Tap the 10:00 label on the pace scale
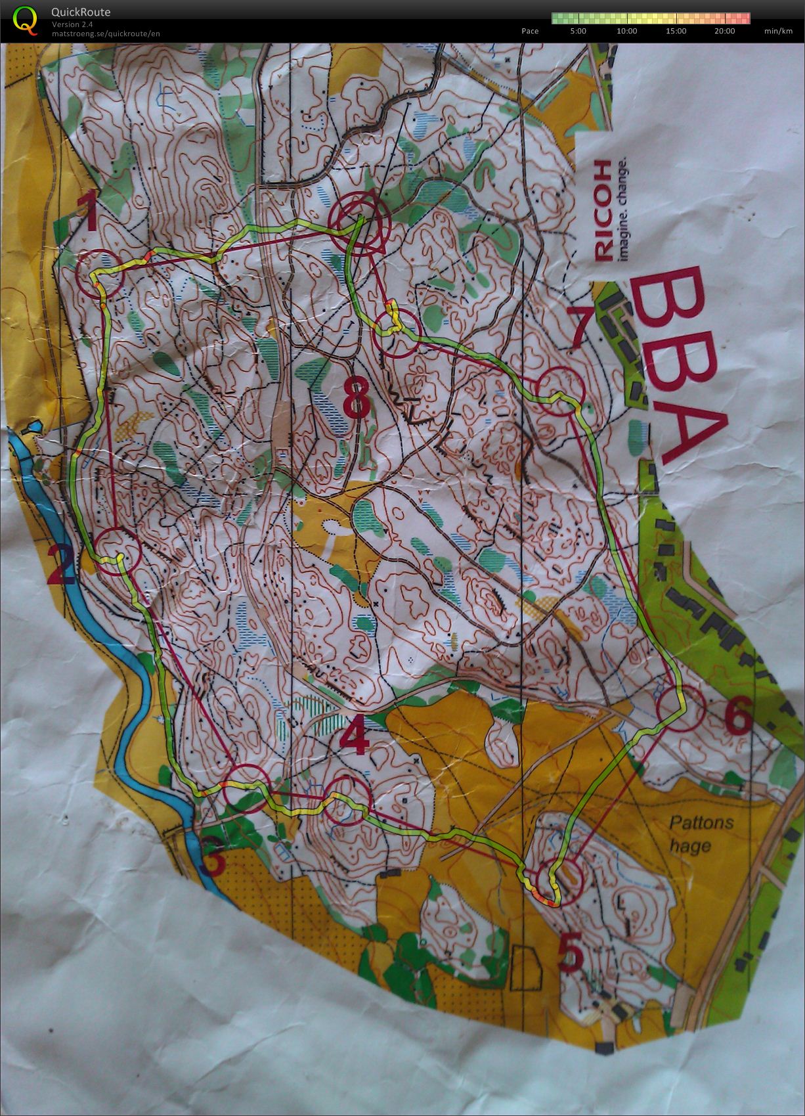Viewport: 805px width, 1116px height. [627, 31]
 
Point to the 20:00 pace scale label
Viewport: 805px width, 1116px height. [725, 31]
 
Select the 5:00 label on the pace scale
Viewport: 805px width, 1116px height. [578, 31]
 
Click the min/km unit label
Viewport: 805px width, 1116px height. [778, 31]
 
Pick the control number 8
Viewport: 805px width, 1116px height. [357, 397]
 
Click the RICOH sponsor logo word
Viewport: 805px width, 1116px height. [603, 210]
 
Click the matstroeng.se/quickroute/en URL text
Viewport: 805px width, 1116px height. [106, 33]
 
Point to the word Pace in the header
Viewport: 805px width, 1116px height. [530, 31]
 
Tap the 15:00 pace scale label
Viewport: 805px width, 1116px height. [676, 31]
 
